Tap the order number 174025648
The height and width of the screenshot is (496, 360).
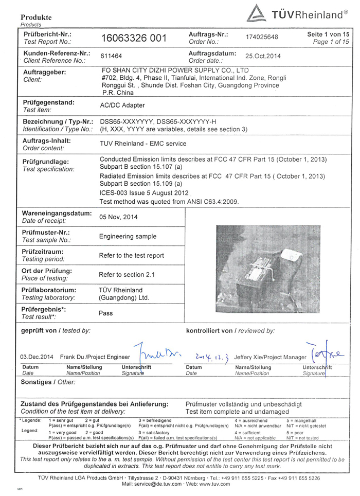(262, 38)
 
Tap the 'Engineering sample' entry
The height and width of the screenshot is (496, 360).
(127, 236)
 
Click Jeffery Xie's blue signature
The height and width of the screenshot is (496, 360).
(327, 354)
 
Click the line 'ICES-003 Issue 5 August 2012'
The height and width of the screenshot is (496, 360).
(145, 192)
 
